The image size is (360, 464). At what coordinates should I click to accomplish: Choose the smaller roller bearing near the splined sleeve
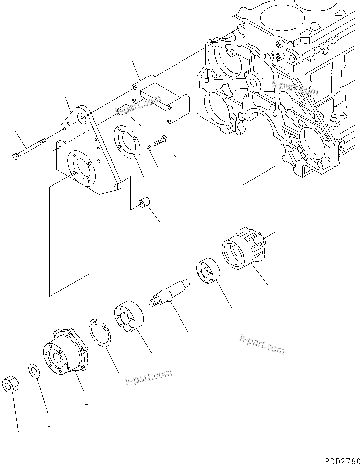click(205, 271)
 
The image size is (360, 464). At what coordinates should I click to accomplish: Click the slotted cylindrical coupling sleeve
click(244, 248)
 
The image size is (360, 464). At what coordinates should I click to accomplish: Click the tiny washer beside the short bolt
click(149, 147)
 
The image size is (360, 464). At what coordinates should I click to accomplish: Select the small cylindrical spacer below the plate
click(144, 204)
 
